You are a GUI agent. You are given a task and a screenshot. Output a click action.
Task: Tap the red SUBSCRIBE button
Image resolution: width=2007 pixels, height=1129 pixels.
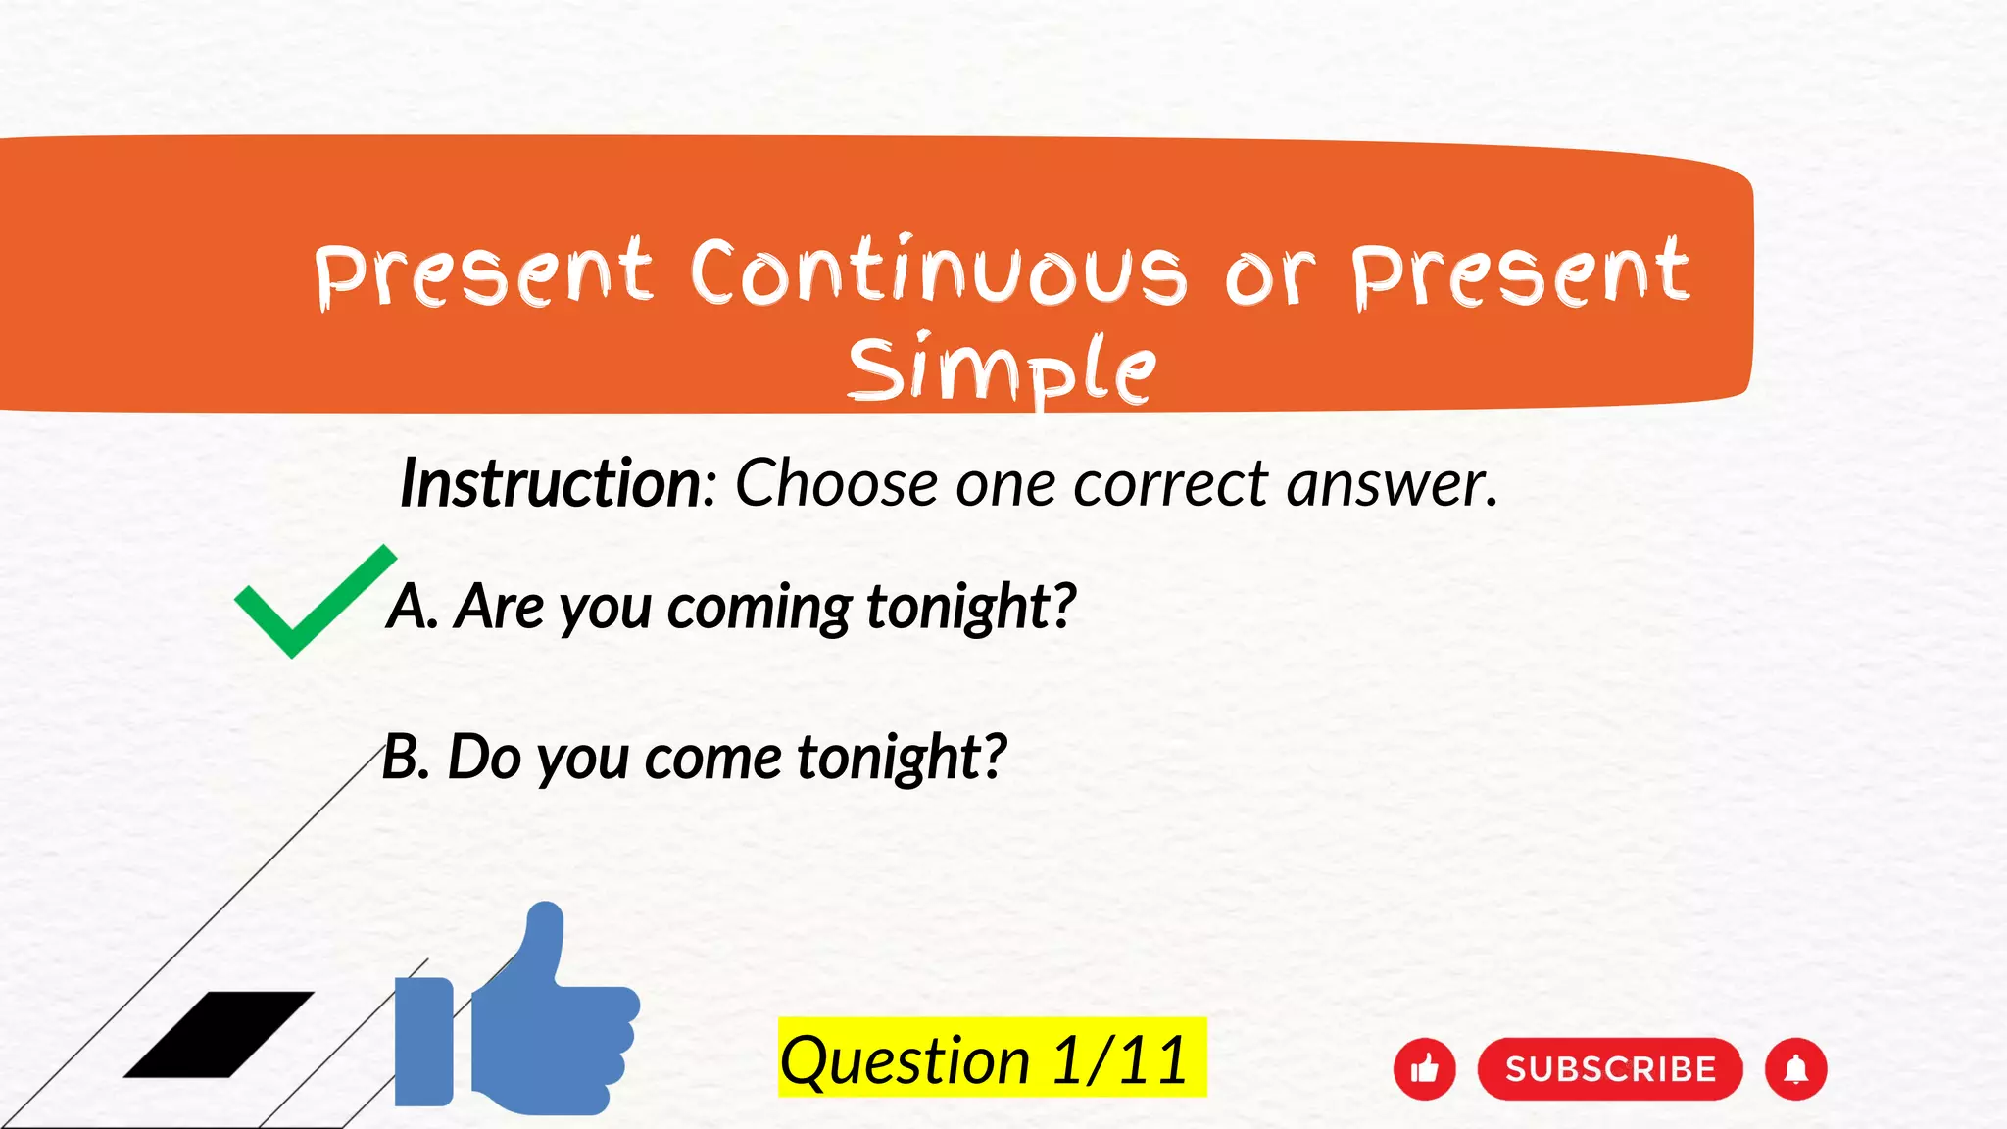1609,1068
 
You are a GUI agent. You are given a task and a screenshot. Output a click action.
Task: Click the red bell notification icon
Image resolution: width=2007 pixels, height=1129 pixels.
1795,1068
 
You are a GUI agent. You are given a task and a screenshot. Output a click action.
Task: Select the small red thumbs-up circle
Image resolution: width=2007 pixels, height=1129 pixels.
1424,1068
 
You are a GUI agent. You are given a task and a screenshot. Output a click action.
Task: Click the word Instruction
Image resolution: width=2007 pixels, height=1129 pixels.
552,483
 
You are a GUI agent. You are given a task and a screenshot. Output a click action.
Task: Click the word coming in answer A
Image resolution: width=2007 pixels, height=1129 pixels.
759,607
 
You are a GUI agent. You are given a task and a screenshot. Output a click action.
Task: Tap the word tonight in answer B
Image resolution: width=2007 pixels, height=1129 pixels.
902,758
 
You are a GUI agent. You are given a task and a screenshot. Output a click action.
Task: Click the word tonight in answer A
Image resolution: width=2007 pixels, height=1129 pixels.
970,607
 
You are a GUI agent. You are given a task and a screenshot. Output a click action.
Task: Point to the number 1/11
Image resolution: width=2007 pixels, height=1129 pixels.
1119,1060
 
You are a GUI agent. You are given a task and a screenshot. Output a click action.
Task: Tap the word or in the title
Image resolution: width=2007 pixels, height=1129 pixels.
1268,275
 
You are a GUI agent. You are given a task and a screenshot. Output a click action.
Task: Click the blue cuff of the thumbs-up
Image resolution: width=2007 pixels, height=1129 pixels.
423,1041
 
